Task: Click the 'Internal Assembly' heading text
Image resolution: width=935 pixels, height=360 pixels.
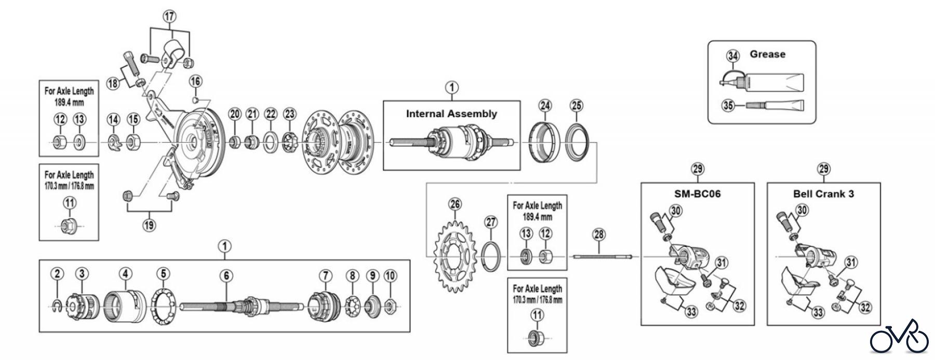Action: coord(451,114)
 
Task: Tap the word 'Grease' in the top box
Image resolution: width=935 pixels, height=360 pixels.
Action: coord(767,54)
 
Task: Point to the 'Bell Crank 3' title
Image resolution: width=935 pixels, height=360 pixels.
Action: coord(823,194)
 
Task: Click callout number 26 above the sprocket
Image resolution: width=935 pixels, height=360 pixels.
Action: coord(455,204)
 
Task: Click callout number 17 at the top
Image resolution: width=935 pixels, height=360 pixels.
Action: coord(170,17)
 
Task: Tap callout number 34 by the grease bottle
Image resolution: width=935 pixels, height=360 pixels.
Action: coord(733,56)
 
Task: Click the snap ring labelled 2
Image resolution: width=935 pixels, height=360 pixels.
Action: coord(58,307)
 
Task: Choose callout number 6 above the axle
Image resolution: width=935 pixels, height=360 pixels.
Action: coord(226,275)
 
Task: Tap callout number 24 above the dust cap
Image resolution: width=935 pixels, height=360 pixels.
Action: coord(544,106)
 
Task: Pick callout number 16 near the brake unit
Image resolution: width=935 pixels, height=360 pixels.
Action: coord(195,81)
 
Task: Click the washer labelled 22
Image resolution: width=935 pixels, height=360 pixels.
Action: coord(271,141)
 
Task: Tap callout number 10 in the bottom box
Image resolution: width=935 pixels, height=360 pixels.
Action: coord(391,275)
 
